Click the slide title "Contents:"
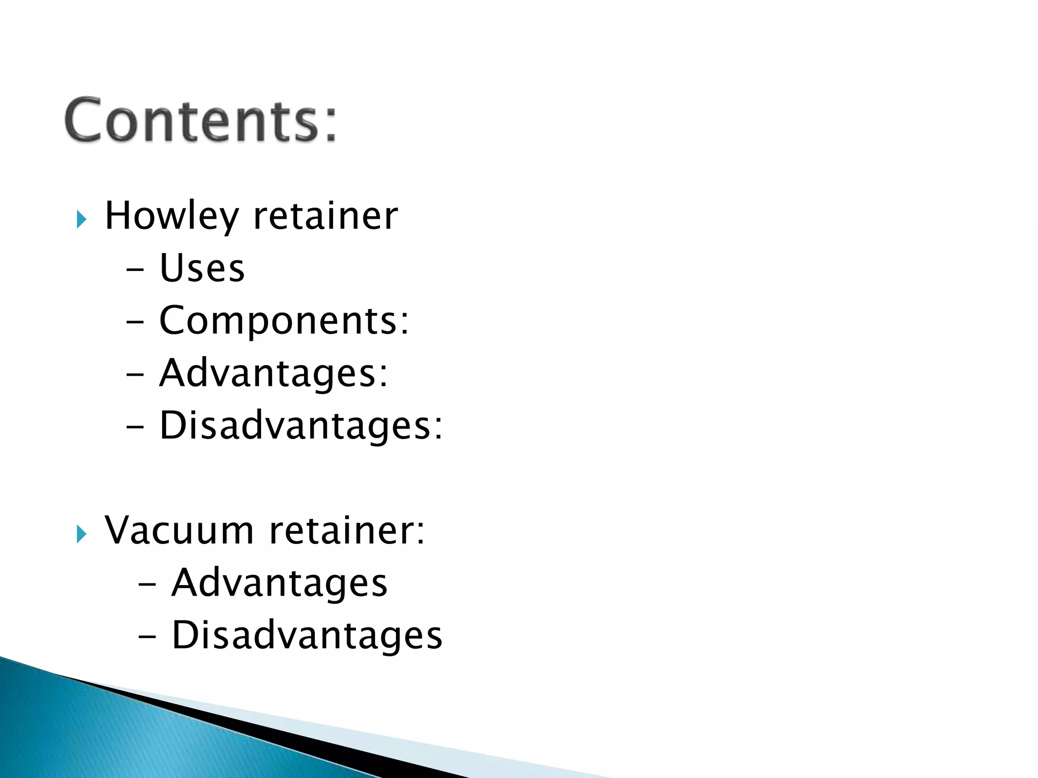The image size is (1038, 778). coord(201,121)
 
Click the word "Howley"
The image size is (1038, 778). coord(171,216)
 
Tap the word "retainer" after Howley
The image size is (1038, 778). coord(325,216)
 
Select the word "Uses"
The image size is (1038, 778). coord(202,268)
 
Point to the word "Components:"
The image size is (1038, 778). coord(284,321)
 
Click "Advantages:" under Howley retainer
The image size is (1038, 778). coord(273,373)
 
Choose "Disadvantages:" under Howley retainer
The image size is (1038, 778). coord(301,425)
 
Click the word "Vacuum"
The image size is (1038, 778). coord(179,530)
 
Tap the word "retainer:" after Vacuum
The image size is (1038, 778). coord(347,530)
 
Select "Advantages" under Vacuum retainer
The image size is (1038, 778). coord(279,583)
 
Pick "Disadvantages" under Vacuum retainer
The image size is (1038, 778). coord(307,635)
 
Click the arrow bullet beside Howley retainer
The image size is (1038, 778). coord(81,219)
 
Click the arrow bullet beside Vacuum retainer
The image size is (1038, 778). coord(81,534)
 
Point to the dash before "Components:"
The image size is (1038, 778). coord(135,323)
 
